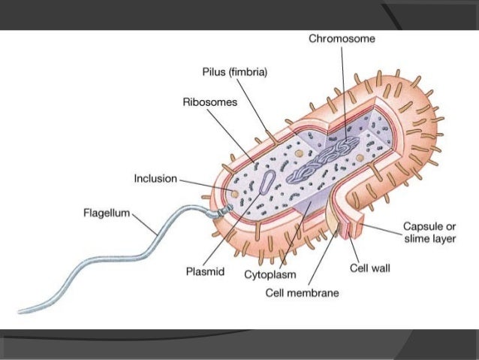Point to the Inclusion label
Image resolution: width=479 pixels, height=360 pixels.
click(155, 179)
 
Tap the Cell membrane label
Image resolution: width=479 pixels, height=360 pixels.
click(303, 292)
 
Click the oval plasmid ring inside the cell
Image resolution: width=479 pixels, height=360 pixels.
click(265, 185)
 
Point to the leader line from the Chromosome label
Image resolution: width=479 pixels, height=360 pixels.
click(342, 90)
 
